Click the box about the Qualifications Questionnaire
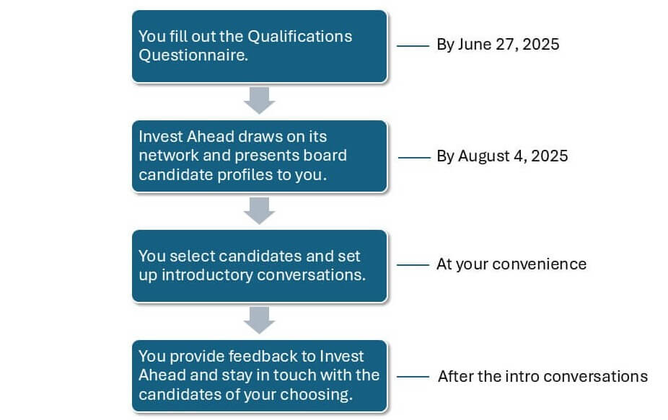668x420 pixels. [260, 46]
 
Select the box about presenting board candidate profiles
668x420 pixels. [260, 156]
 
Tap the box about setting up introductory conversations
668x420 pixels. [260, 266]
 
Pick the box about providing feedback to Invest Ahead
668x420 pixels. [260, 376]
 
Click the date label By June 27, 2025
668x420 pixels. [498, 45]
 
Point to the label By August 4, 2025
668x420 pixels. [502, 156]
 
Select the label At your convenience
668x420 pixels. [511, 264]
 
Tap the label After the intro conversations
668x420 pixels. [542, 376]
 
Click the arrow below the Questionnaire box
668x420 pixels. [260, 100]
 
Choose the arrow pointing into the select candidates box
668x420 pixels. [260, 210]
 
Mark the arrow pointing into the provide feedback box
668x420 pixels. [260, 320]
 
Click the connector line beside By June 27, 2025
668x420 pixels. [413, 45]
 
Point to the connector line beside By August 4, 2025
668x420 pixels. [414, 158]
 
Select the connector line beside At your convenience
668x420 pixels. [413, 264]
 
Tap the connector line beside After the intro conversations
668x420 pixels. [413, 377]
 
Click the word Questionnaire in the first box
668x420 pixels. [193, 55]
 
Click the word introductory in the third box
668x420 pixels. [207, 275]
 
